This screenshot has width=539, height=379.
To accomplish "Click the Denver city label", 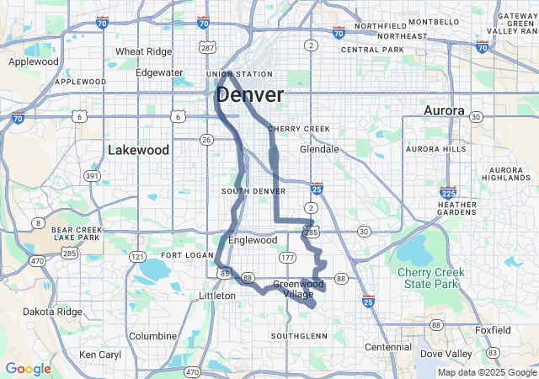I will click(x=250, y=94).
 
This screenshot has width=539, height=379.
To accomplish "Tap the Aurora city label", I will click(x=444, y=111).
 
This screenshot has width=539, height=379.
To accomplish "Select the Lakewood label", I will click(x=139, y=150).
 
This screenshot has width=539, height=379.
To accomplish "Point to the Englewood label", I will click(x=253, y=240).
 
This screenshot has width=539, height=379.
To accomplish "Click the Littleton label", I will click(x=217, y=296).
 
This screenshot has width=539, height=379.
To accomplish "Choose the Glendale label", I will click(x=319, y=149).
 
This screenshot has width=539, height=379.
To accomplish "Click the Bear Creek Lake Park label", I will click(x=77, y=233).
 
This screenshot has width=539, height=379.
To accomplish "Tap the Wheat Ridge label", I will click(x=143, y=51).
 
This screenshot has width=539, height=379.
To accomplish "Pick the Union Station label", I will click(x=239, y=74).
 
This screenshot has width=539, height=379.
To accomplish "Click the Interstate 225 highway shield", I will click(x=448, y=194).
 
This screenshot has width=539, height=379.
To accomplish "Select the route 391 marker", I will click(x=92, y=175).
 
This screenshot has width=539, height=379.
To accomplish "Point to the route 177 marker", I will click(x=287, y=257).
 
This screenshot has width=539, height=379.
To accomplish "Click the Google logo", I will click(x=28, y=368).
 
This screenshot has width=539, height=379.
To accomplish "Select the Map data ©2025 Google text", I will click(x=486, y=372).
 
